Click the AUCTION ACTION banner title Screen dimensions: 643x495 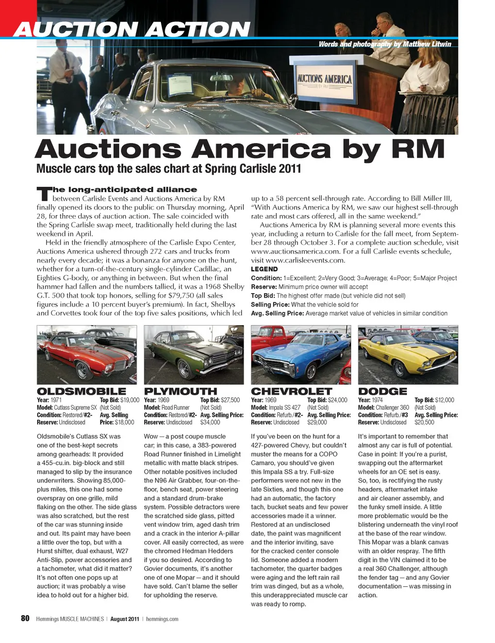tap(132, 29)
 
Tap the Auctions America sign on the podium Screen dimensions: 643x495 tap(324, 79)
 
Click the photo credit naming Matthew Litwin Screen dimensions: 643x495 tap(385, 44)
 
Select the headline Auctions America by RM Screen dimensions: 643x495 tap(240, 149)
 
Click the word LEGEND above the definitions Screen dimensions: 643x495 tap(264, 269)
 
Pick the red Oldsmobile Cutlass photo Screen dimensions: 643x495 tap(87, 355)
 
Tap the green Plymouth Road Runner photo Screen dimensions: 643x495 tap(194, 355)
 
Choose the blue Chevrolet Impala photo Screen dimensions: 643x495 tap(301, 355)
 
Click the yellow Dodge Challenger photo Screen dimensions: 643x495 tap(408, 355)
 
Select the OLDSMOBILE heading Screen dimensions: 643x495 tap(81, 391)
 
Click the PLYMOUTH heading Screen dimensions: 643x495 tap(180, 391)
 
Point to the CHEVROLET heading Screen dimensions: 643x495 tap(291, 391)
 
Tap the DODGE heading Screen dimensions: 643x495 tap(383, 391)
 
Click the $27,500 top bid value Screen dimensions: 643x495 tap(230, 400)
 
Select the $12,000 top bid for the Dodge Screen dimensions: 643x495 tap(444, 400)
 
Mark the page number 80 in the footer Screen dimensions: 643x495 tap(25, 618)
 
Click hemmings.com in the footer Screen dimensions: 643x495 tap(162, 619)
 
